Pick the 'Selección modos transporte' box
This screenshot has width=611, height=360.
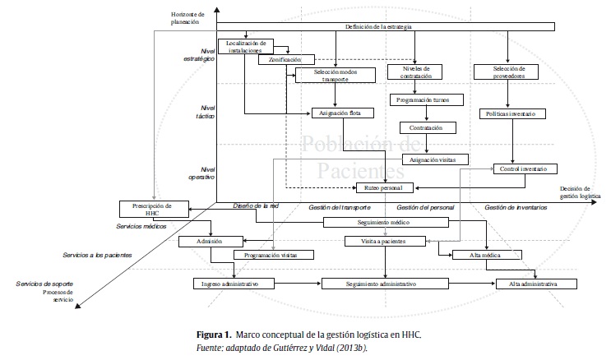coord(334,75)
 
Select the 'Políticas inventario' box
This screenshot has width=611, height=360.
coord(512,113)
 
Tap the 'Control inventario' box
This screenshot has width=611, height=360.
coord(524,168)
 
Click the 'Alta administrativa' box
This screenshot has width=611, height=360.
coord(533,284)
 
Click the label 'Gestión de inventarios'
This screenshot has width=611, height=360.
coord(516,208)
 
